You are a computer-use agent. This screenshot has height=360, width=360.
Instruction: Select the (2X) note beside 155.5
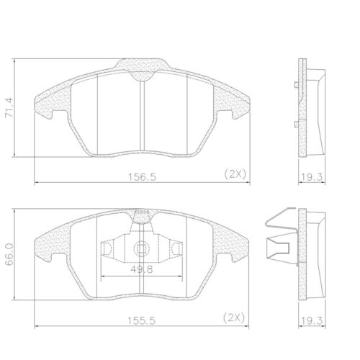(235, 317)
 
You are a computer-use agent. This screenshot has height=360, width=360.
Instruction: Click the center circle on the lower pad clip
(142, 250)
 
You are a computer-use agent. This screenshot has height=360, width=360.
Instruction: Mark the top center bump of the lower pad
(142, 210)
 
